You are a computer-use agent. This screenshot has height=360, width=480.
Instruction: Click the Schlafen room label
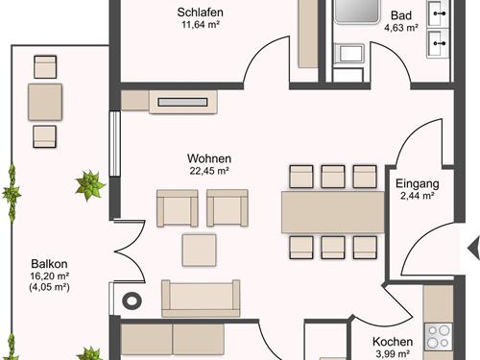pyautogui.click(x=200, y=12)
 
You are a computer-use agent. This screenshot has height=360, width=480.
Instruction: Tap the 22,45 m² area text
pyautogui.click(x=209, y=171)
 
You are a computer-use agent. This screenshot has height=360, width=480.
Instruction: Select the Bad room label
pyautogui.click(x=401, y=15)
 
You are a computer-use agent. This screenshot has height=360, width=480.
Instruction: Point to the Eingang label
pyautogui.click(x=418, y=183)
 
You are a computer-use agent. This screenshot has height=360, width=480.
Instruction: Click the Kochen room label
pyautogui.click(x=393, y=342)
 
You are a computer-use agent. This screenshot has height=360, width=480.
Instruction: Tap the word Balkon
pyautogui.click(x=49, y=264)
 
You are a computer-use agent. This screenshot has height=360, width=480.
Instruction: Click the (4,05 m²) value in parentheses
pyautogui.click(x=49, y=287)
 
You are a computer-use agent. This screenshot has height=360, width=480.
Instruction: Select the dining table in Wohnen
pyautogui.click(x=333, y=212)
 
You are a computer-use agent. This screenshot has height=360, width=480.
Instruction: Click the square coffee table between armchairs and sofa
pyautogui.click(x=200, y=251)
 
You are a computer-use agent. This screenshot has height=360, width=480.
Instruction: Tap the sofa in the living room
pyautogui.click(x=201, y=299)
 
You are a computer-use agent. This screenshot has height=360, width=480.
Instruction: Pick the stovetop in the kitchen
pyautogui.click(x=439, y=337)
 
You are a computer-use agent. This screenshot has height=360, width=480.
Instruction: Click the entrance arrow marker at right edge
pyautogui.click(x=474, y=248)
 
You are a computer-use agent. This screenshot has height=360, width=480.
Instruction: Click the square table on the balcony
pyautogui.click(x=45, y=102)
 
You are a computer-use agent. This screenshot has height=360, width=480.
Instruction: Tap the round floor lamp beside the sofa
pyautogui.click(x=132, y=300)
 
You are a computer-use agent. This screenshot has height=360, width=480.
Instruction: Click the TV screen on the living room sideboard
pyautogui.click(x=182, y=102)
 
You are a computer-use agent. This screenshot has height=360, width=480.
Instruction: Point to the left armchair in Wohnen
pyautogui.click(x=178, y=208)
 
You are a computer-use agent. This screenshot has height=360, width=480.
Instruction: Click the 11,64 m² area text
pyautogui.click(x=201, y=25)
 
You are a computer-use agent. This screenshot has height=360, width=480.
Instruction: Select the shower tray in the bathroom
pyautogui.click(x=356, y=12)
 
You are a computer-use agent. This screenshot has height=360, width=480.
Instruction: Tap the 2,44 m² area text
pyautogui.click(x=418, y=195)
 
